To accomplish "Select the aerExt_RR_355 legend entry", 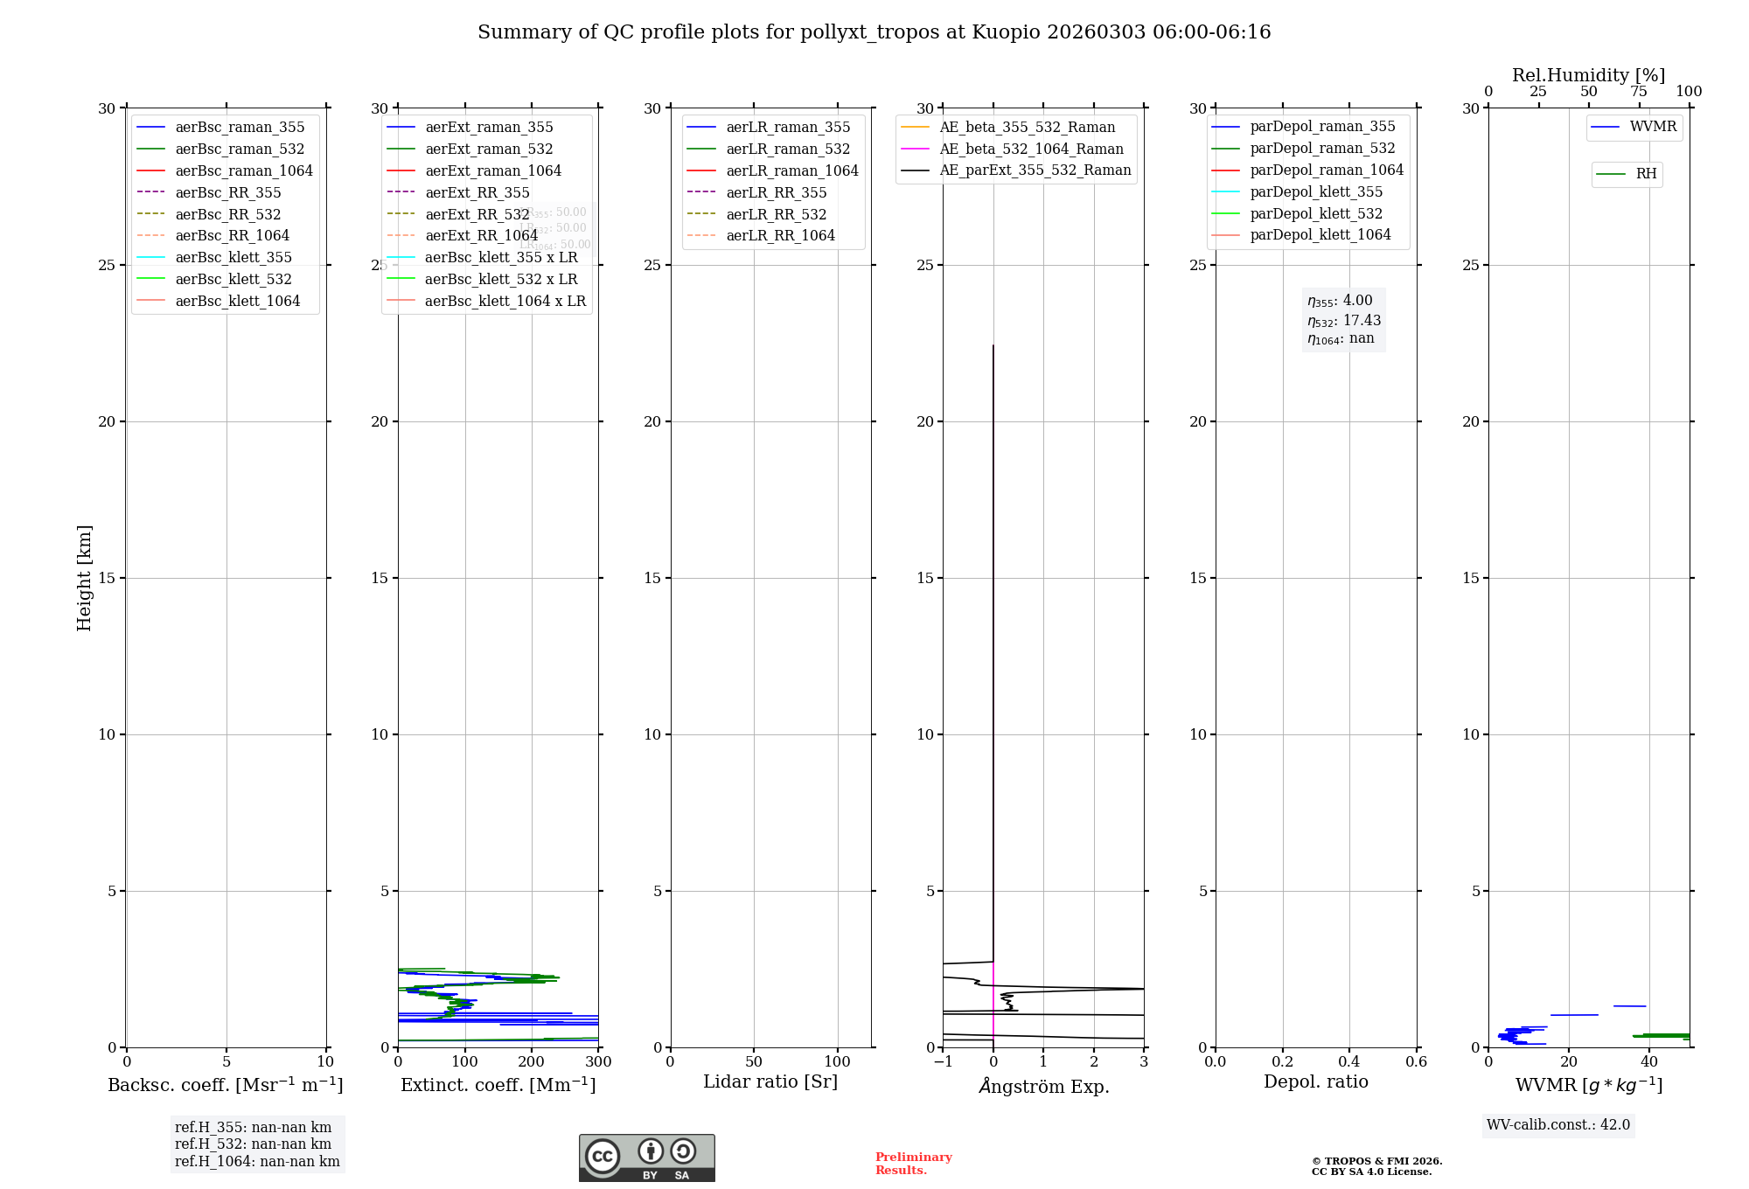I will click(477, 192).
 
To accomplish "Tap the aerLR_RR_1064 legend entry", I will click(780, 235).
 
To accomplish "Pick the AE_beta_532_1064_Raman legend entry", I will click(1031, 149).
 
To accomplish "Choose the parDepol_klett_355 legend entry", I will click(1316, 191).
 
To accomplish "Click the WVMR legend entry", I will click(1653, 127).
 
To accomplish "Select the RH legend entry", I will click(1646, 174).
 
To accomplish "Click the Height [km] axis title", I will click(84, 577).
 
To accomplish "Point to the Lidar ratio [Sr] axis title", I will click(770, 1081).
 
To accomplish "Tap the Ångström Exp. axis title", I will click(1043, 1086).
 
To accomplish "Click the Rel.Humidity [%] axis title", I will click(1588, 75).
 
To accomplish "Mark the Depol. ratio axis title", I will click(1315, 1081).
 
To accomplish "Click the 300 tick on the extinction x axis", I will click(598, 1062).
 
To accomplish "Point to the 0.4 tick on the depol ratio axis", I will click(1349, 1062).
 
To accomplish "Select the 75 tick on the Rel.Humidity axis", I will click(1639, 92).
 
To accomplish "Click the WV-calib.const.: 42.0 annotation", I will click(1558, 1124).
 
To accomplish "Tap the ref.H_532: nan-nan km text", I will click(253, 1144).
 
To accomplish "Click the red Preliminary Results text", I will click(913, 1164).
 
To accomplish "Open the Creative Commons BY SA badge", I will click(646, 1158).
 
